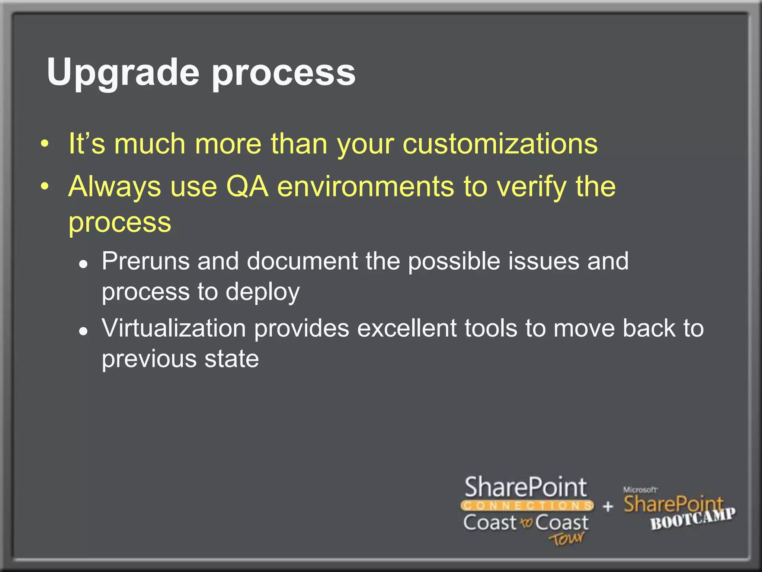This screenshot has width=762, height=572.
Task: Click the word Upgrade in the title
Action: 123,73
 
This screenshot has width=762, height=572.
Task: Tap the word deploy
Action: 262,292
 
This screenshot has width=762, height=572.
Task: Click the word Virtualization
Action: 174,328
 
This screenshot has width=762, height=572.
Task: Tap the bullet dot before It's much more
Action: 45,144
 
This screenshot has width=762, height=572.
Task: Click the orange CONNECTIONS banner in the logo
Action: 527,506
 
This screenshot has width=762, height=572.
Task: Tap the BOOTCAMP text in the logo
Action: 692,519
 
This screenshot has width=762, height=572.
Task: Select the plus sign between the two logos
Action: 608,506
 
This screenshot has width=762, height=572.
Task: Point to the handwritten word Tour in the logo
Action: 566,538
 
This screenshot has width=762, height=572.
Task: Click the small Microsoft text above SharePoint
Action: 640,490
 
